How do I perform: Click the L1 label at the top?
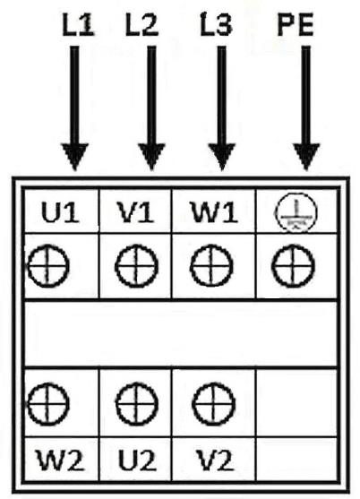[78, 25]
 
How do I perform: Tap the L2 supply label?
[141, 25]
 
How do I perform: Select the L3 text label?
[216, 25]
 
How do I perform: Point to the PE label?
[296, 25]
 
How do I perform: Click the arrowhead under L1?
[74, 156]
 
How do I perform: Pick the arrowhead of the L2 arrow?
[151, 156]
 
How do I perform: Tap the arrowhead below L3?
[222, 156]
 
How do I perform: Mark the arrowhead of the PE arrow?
[306, 156]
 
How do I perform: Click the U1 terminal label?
[60, 212]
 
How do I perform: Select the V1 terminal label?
[136, 212]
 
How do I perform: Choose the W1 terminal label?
[214, 212]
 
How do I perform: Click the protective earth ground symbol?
[296, 213]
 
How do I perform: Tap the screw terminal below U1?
[48, 266]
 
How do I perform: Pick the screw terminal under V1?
[136, 266]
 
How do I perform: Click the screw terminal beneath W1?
[211, 266]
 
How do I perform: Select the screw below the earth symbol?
[293, 266]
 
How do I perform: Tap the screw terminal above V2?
[214, 403]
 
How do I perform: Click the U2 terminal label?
[137, 460]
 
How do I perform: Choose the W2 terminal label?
[61, 460]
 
